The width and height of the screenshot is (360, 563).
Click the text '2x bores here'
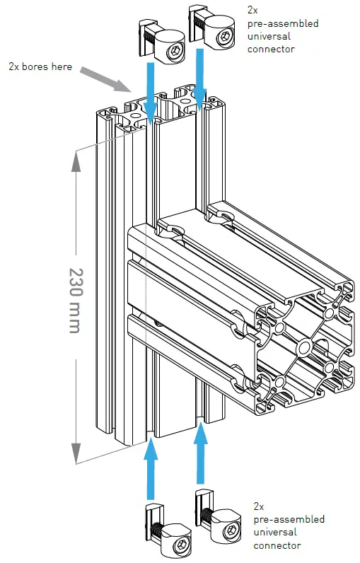40,66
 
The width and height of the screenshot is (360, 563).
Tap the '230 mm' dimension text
76,300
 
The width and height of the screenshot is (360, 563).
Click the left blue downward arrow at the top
150,93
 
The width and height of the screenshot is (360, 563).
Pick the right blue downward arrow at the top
199,79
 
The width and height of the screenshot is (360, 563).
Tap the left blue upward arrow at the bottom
151,470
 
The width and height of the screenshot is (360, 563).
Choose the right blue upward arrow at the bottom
200,453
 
